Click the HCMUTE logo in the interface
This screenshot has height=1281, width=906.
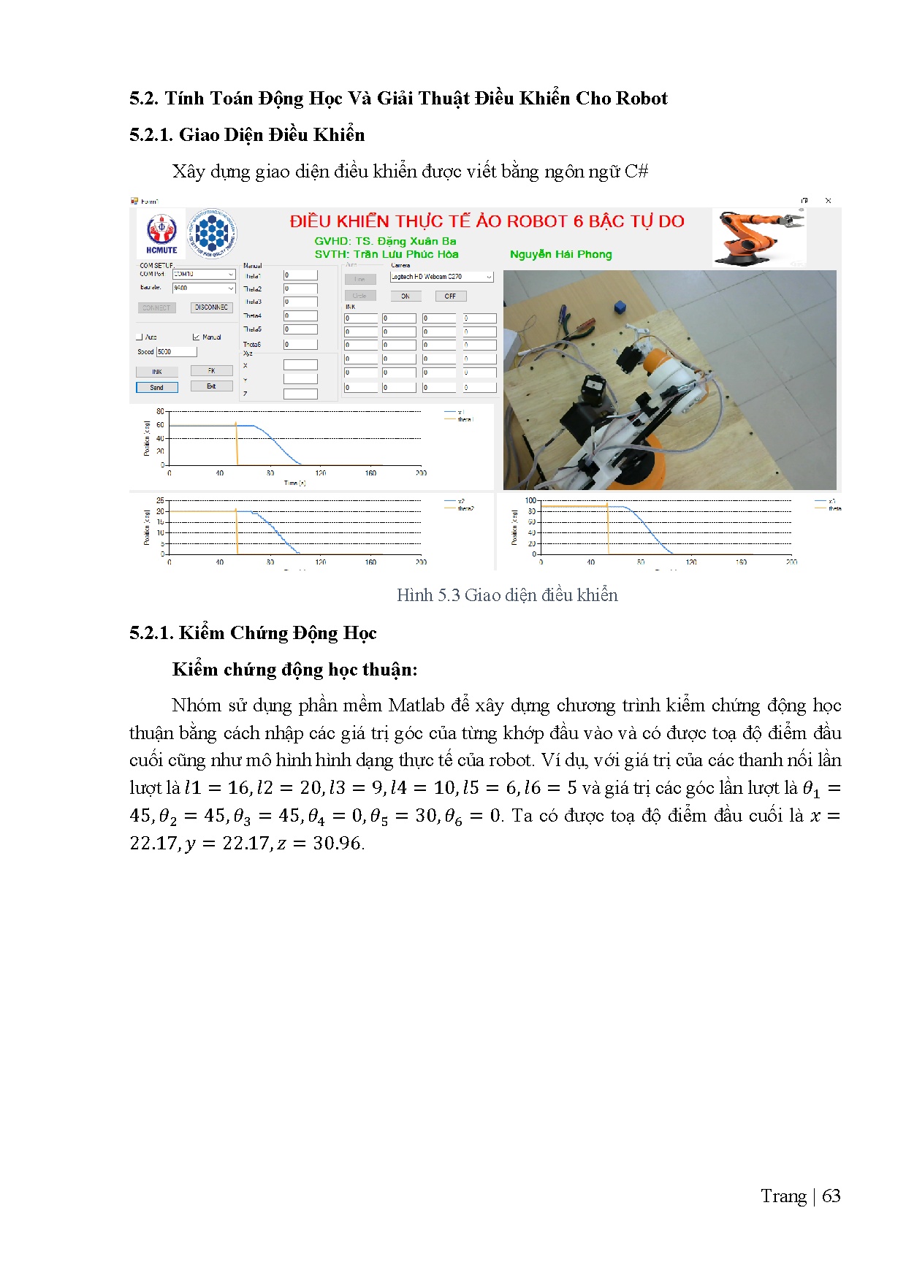(x=161, y=233)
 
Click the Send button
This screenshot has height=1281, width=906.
(x=157, y=387)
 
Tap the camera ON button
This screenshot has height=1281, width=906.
(x=405, y=296)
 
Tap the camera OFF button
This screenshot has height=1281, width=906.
(x=450, y=296)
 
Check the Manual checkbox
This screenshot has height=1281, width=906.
(x=196, y=337)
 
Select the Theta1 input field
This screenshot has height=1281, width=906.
(x=300, y=275)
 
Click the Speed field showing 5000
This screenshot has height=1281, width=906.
(x=176, y=351)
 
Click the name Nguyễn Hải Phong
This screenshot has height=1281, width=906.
(x=560, y=254)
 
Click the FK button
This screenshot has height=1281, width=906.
(x=211, y=371)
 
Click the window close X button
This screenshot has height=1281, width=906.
(x=828, y=200)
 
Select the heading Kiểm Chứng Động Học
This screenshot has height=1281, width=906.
(x=278, y=633)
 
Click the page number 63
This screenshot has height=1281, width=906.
(x=831, y=1196)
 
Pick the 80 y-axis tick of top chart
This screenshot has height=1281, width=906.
(x=160, y=411)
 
